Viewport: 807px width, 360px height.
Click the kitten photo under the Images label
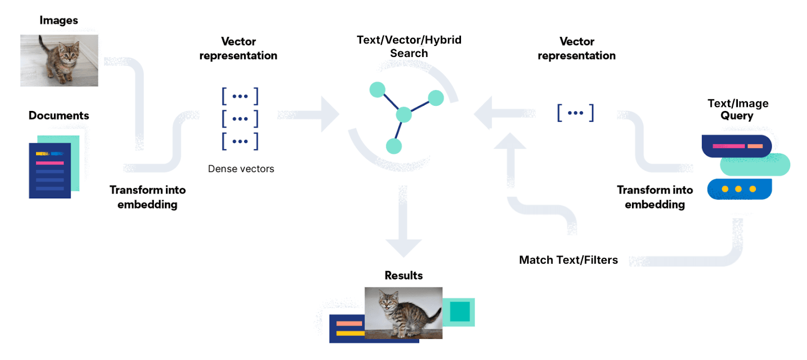coord(59,60)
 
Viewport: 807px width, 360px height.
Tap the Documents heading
coord(59,115)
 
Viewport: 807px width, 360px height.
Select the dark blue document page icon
coord(49,171)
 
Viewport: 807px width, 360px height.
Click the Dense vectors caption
coord(241,169)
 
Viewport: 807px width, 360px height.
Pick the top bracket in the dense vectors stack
coord(240,96)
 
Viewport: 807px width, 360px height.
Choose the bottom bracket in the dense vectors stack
coord(240,141)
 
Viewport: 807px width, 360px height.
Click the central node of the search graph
coord(403,114)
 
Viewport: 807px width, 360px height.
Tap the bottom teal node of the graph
coord(393,146)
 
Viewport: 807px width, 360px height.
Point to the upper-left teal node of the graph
coord(377,90)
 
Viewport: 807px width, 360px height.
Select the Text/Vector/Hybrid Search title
coord(409,46)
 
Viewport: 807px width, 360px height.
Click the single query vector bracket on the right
coord(575,112)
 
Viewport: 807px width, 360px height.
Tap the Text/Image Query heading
coord(737,109)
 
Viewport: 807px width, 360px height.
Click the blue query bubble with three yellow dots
coord(739,189)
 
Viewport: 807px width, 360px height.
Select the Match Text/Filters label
coord(568,260)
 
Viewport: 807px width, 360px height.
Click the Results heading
coord(403,275)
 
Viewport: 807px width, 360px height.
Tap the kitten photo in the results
coord(403,313)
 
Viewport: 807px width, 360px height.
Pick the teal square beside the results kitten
coord(459,312)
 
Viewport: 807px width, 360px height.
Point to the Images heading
coord(59,20)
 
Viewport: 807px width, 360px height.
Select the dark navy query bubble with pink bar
coord(736,146)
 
